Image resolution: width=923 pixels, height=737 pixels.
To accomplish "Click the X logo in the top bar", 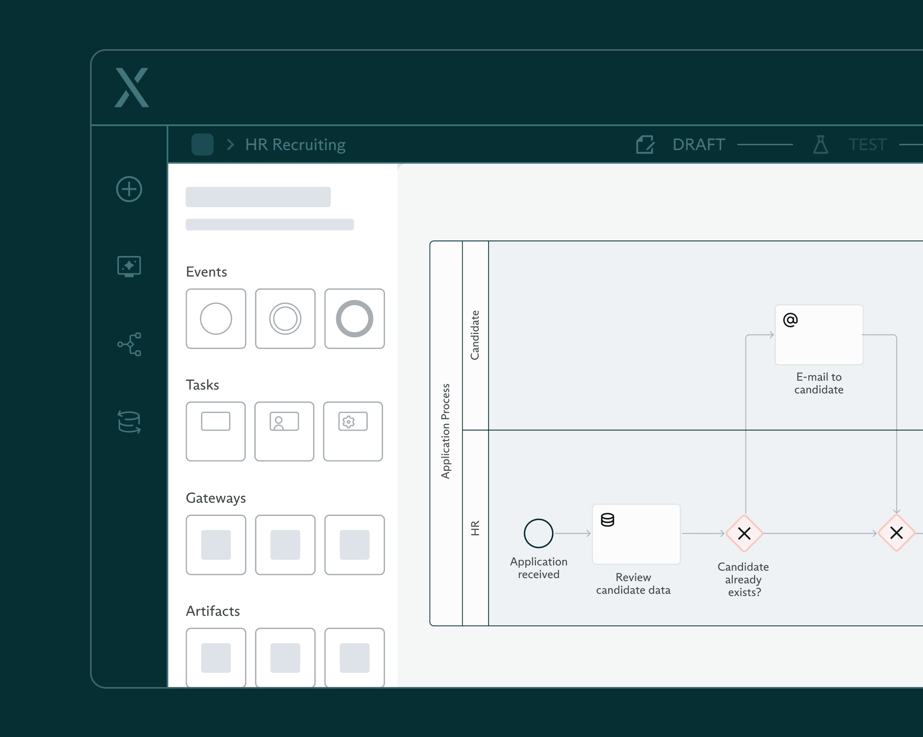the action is pos(132,87).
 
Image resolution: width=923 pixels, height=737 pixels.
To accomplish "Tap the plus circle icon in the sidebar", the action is pos(129,189).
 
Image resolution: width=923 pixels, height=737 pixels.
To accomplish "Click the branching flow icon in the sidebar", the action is pos(129,344).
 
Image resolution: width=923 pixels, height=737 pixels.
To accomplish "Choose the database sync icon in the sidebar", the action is pos(129,422).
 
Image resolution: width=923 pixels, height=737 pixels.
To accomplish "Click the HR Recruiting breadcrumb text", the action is pos(295,145).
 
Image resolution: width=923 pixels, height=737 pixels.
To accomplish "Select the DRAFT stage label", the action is pos(699,145).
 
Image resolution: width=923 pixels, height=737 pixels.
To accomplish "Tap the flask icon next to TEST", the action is pos(820,145).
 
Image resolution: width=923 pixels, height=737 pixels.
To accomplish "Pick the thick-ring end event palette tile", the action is pos(354,319).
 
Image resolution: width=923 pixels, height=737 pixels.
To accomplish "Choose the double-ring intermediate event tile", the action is pos(285,319).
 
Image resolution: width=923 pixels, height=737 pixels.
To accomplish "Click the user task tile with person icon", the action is pos(284,431).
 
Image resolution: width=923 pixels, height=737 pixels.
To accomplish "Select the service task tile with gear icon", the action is pos(353,431).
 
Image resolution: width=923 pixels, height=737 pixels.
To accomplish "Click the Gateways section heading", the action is pos(216,498).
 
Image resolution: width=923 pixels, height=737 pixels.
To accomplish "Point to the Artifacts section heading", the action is pos(213,611).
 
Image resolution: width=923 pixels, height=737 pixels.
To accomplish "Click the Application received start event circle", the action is pos(538,533).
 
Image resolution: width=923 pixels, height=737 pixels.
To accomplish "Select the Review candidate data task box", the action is pos(636,534).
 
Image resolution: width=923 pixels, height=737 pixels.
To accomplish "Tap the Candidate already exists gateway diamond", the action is pos(745,533).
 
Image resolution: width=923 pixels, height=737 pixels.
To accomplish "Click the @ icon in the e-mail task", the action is pos(790,319).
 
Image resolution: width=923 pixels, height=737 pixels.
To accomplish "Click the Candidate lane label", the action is pos(475,335).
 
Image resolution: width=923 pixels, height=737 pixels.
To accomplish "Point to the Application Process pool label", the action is pos(446,431).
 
